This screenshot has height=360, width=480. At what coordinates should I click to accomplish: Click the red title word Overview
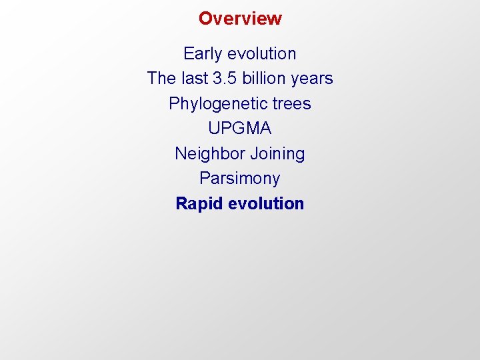(240, 18)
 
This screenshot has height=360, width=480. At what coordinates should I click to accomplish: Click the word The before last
(161, 79)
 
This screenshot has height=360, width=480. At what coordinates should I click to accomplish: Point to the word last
(194, 79)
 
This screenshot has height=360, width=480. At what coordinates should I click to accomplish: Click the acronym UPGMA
(240, 129)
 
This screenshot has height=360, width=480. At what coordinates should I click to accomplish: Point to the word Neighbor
(210, 154)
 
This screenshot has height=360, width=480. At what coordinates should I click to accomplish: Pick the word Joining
(277, 154)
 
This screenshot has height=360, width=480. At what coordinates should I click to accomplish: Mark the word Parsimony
(240, 179)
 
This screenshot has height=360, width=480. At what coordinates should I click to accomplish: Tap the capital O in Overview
(205, 18)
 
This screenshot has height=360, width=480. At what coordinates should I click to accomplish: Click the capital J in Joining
(254, 153)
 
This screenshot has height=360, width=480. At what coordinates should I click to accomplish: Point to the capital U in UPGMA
(213, 129)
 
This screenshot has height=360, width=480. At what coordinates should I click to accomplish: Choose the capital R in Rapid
(181, 203)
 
